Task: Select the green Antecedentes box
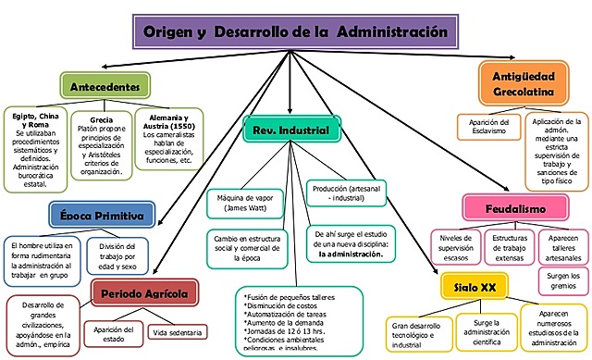point(105,87)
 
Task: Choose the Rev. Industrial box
point(291,130)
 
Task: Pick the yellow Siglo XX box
point(475,287)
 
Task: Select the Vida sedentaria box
point(178,331)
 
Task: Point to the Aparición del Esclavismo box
point(490,129)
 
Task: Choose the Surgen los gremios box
point(563,281)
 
